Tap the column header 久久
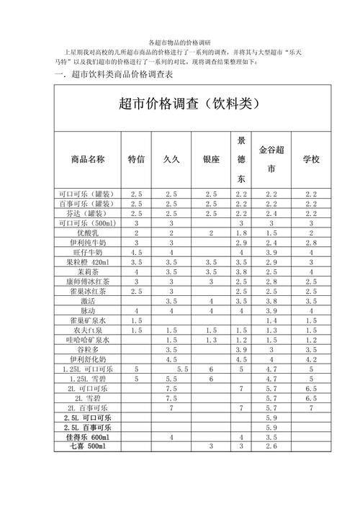[171, 159]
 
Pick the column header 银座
[211, 159]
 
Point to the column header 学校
[311, 159]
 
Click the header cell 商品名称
[88, 159]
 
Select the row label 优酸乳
[88, 233]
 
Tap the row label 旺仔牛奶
[88, 253]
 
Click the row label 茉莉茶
[88, 272]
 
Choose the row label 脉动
[88, 310]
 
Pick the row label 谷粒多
[88, 349]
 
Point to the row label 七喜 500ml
[88, 446]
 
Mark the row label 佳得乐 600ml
[88, 437]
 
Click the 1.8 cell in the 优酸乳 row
[241, 233]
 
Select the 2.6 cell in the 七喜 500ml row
[271, 446]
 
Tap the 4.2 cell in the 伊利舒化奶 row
[311, 359]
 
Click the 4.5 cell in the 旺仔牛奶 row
[136, 253]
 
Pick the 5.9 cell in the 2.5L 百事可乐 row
[271, 427]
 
